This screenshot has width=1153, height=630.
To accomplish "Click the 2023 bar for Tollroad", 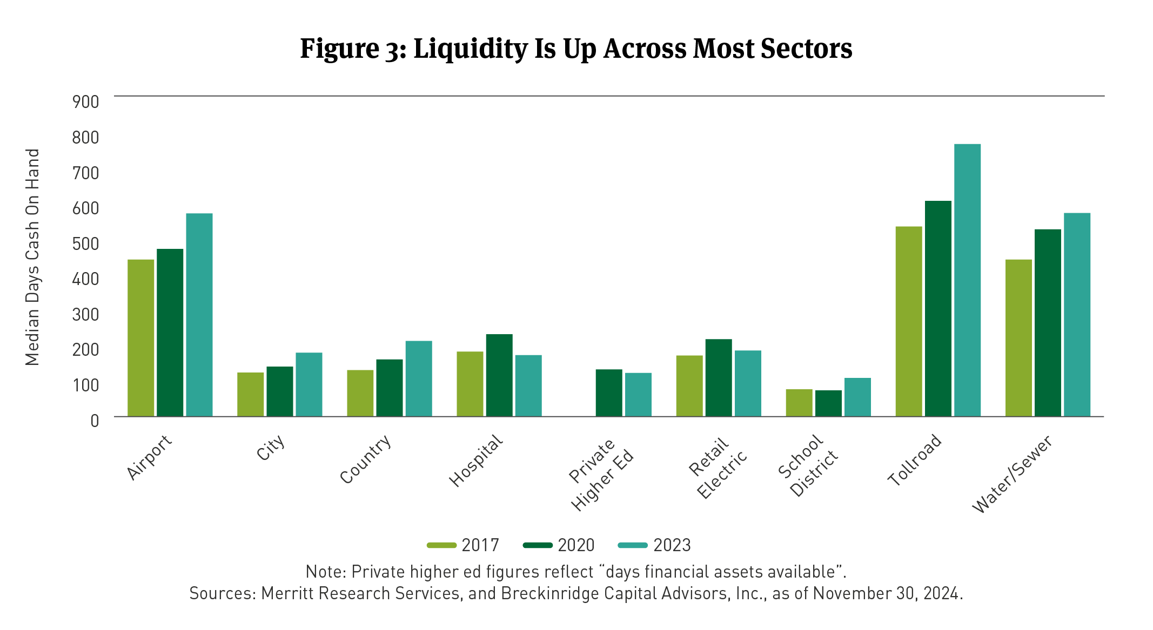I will tap(967, 280).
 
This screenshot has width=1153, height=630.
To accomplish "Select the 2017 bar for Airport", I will tap(141, 338).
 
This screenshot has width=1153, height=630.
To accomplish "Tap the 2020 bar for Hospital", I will tap(499, 375).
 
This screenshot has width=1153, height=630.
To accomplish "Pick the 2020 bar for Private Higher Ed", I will tap(609, 392).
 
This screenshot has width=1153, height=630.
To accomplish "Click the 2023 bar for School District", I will tap(857, 397).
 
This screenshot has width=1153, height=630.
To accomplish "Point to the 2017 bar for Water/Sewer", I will tap(1018, 338).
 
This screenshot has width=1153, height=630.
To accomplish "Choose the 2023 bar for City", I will tap(309, 384).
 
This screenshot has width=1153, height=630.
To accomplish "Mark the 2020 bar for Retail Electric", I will tap(719, 378).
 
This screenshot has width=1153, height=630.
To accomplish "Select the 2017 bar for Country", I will tap(360, 393).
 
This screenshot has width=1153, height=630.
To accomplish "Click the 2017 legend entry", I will tap(463, 545).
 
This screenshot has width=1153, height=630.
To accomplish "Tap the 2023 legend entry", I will tap(655, 545).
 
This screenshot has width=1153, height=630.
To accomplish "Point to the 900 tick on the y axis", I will tap(86, 102).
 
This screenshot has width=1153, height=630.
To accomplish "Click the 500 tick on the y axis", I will tap(86, 243).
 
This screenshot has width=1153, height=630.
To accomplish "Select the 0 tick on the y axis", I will tap(95, 421).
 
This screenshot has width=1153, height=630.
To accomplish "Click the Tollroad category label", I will tap(915, 460).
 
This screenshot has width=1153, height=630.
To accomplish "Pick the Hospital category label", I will tap(476, 460).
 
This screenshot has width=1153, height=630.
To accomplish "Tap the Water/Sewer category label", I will tap(1012, 474).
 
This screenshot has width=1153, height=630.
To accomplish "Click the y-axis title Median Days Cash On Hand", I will tap(33, 257).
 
